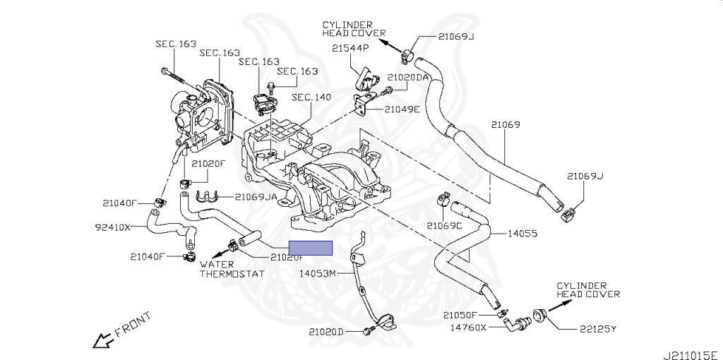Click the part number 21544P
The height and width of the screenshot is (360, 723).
(x=351, y=48)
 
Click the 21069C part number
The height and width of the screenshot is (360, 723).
(x=444, y=226)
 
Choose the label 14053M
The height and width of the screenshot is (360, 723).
(x=318, y=273)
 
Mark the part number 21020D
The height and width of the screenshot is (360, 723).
(x=325, y=331)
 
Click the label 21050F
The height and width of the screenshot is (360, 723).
(x=461, y=315)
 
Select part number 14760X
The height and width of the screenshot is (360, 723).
(x=468, y=328)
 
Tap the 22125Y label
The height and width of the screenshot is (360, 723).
(x=597, y=328)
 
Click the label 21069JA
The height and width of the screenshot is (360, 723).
(x=256, y=197)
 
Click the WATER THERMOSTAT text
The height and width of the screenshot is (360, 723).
(x=231, y=270)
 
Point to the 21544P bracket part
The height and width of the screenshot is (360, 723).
(x=364, y=79)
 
